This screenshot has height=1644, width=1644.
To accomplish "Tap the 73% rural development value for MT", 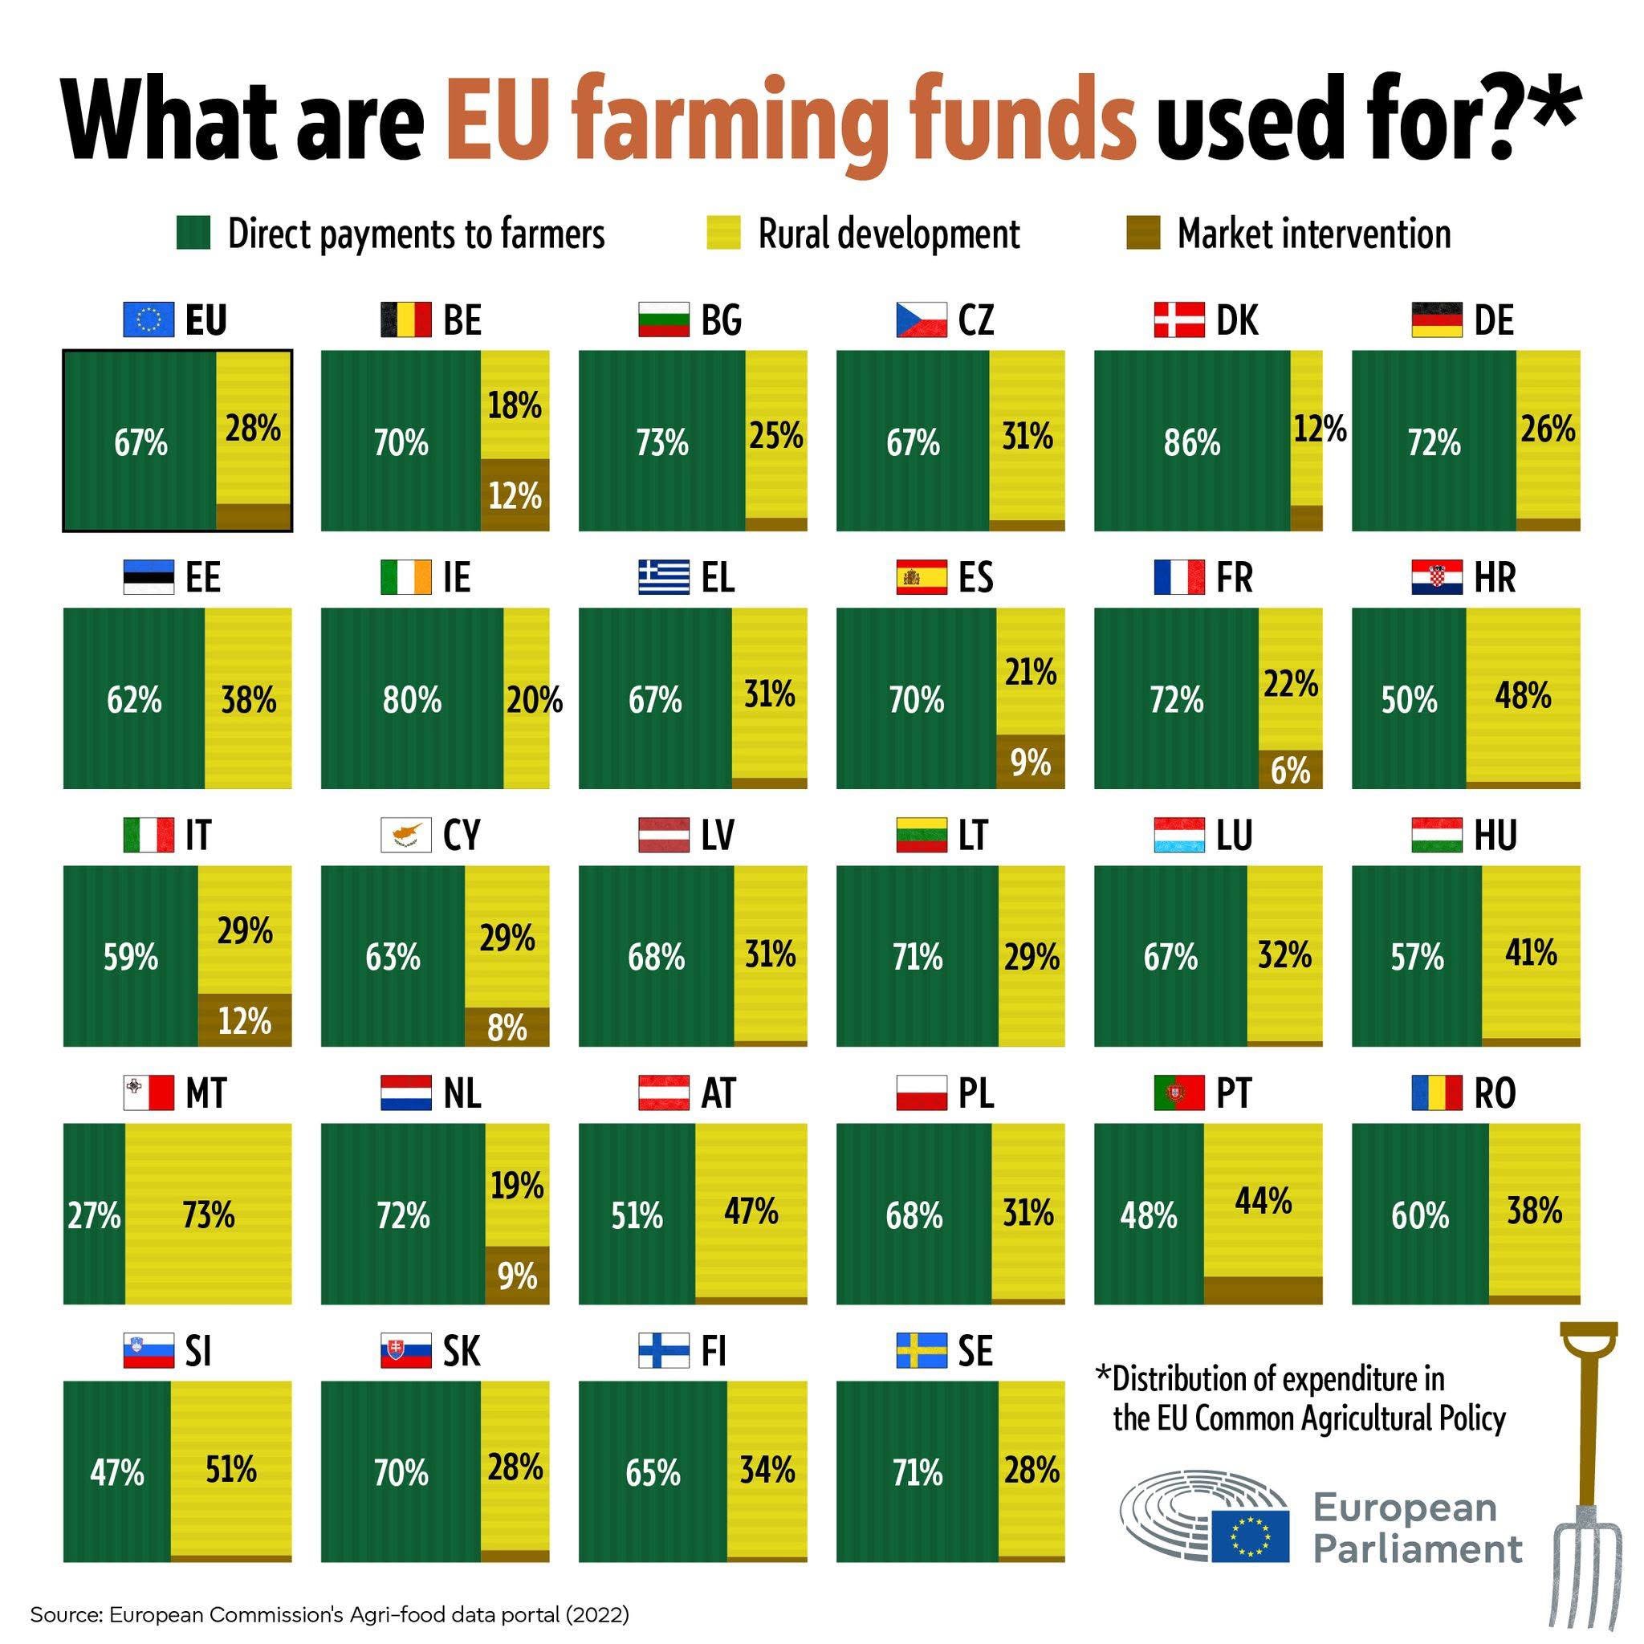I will coord(209,1215).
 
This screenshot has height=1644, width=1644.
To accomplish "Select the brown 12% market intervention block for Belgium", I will coord(515,494).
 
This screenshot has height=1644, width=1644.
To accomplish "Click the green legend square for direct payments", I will coord(193,232).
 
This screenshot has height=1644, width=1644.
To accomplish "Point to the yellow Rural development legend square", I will coord(723,232).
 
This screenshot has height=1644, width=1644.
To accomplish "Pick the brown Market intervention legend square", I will coord(1143,232).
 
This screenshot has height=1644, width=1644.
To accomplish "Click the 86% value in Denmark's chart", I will coord(1191,443).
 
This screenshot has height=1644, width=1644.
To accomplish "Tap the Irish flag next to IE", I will coord(406,577).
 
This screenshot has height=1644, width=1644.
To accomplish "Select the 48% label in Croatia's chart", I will coord(1522,696).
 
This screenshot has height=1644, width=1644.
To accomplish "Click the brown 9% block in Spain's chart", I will coord(1031,763).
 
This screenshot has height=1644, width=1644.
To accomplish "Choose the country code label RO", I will coord(1495,1093).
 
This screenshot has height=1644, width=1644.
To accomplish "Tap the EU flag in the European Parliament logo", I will coord(1250,1536).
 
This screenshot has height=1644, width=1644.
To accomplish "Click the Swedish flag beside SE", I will coord(922,1350).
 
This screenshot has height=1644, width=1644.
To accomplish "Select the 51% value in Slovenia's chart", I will coord(230,1470).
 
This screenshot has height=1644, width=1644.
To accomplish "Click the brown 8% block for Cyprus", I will coord(507,1028).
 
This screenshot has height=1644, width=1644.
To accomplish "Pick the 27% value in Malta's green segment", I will coord(94,1215).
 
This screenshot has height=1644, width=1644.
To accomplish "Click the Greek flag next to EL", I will coord(664,577).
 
